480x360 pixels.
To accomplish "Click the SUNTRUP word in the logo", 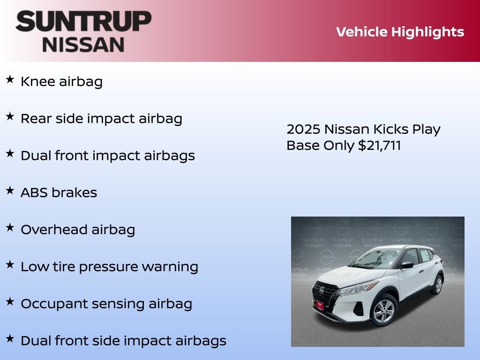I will (83, 22).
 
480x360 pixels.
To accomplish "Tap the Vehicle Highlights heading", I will (400, 32).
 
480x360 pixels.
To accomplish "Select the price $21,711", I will (379, 145).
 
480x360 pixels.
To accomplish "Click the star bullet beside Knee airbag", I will (10, 80).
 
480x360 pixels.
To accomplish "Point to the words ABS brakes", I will (59, 193).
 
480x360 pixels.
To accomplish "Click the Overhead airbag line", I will (78, 230).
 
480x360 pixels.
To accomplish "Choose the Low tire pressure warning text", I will (109, 267).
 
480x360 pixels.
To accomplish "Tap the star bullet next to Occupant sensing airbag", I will (10, 302).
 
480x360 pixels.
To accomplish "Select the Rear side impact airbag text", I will (101, 119).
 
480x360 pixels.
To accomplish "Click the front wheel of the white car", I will (384, 311).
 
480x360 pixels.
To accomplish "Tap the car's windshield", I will (375, 259).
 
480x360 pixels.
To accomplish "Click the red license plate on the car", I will (319, 305).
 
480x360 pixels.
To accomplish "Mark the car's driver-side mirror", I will (406, 265).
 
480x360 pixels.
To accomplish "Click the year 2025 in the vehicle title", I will (303, 129).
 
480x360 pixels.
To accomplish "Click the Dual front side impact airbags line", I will (123, 341).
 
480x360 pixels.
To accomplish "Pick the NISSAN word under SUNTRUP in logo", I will (83, 44).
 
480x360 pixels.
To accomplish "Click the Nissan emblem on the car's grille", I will (322, 290).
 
